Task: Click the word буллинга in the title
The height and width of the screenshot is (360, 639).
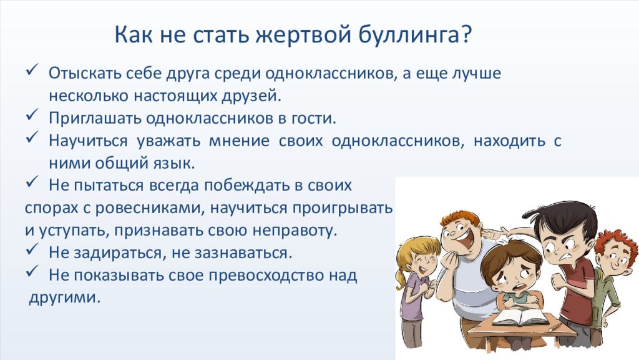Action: pyautogui.click(x=411, y=35)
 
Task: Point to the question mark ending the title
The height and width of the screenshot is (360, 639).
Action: pyautogui.click(x=467, y=34)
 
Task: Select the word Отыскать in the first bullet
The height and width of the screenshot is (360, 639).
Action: pyautogui.click(x=85, y=74)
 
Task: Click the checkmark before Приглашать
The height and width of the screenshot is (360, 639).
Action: pyautogui.click(x=32, y=115)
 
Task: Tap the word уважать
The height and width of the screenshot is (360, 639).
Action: pyautogui.click(x=168, y=141)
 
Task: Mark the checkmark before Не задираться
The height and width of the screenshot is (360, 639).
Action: pyautogui.click(x=32, y=249)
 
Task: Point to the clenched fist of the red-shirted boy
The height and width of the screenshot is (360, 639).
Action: pyautogui.click(x=558, y=282)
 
